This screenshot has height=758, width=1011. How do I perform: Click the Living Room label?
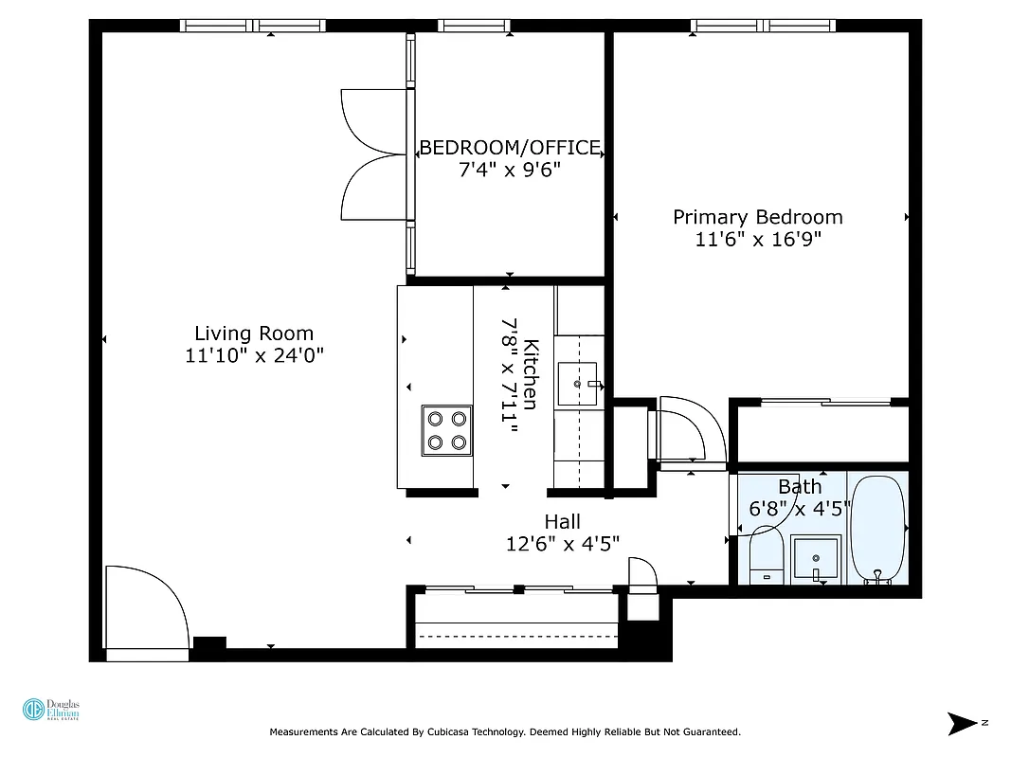click(253, 334)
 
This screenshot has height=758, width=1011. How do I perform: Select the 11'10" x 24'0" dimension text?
click(255, 356)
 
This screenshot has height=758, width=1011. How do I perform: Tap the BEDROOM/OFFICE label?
click(510, 148)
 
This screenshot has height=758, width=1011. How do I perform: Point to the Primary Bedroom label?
click(757, 217)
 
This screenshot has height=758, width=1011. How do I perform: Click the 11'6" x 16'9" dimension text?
click(757, 240)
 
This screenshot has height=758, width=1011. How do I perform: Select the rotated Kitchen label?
click(532, 374)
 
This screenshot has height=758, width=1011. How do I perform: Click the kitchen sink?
click(578, 384)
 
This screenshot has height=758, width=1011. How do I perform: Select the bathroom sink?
click(815, 560)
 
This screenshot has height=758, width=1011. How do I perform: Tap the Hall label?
click(562, 522)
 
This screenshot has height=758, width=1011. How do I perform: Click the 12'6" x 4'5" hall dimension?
click(563, 544)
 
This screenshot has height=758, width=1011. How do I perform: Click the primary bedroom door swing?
click(690, 432)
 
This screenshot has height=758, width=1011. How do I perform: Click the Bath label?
click(800, 487)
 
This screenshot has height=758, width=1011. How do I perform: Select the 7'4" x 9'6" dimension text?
click(510, 171)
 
